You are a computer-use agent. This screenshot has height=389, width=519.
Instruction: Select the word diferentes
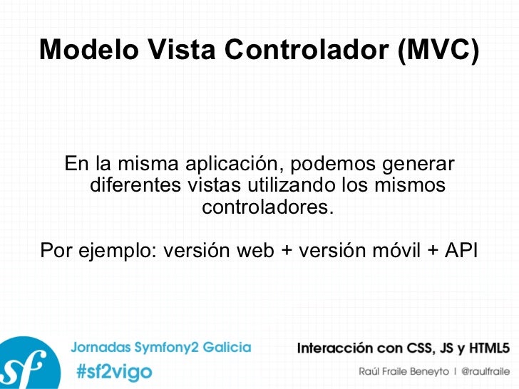tap(135, 187)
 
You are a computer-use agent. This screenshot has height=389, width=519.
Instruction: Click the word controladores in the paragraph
tap(267, 209)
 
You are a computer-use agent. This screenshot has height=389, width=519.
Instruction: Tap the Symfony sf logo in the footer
tap(25, 363)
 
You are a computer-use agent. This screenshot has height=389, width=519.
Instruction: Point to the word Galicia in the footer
tap(227, 348)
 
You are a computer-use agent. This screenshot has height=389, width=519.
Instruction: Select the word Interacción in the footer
tap(335, 348)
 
